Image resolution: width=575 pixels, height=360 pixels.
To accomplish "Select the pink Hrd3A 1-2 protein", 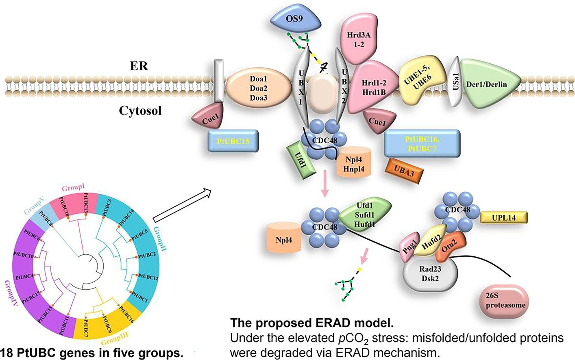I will pyautogui.click(x=358, y=39).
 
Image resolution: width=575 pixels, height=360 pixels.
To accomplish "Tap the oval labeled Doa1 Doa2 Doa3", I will pyautogui.click(x=258, y=88).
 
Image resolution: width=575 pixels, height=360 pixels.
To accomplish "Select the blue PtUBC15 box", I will pyautogui.click(x=233, y=141).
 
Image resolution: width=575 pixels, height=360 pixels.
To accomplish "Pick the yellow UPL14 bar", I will pyautogui.click(x=503, y=217).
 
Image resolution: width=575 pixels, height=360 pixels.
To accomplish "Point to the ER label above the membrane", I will pyautogui.click(x=139, y=66).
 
